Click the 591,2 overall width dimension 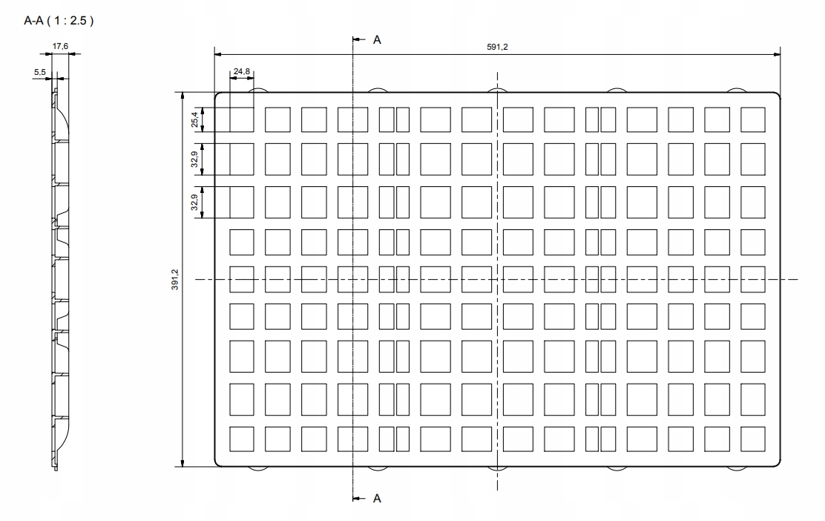point(497,47)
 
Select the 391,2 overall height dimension point(175,280)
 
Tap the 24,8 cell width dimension point(242,71)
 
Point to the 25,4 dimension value point(195,119)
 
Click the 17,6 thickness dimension point(61,46)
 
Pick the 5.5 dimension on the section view point(40,72)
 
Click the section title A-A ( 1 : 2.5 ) point(59,21)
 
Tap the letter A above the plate point(377,40)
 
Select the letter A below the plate point(377,499)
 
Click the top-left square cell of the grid point(242,120)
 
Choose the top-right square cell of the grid point(753,120)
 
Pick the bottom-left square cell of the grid point(242,439)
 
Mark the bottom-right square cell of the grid point(753,439)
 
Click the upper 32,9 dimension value point(195,160)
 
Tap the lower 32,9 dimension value point(195,203)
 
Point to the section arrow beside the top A point(359,39)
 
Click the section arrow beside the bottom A point(359,498)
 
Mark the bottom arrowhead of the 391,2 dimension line point(183,462)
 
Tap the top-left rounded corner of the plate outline point(217,95)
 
